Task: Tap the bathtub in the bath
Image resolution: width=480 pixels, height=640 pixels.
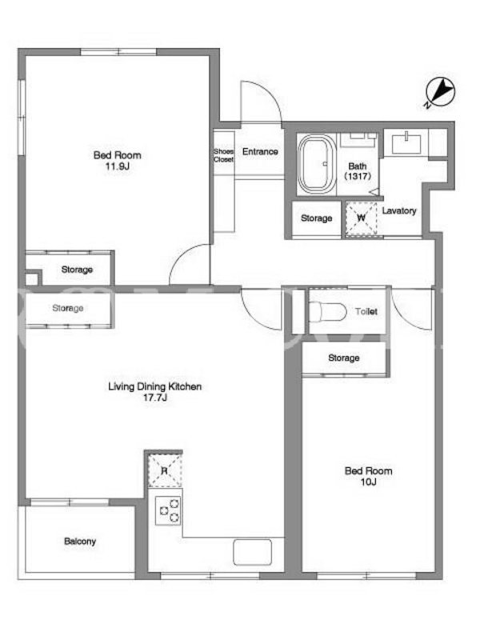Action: click(x=317, y=164)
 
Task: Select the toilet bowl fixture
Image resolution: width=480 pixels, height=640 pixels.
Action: click(x=327, y=312)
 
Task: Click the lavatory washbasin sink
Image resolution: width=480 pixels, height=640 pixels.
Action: click(x=406, y=144)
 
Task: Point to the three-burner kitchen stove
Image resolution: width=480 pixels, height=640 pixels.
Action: click(x=168, y=511)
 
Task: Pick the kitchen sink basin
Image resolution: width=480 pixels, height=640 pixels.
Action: click(x=252, y=552)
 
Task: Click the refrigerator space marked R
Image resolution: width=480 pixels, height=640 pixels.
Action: click(x=165, y=470)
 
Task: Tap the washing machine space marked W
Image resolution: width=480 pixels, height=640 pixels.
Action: click(x=362, y=218)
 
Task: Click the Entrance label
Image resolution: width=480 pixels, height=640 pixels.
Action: click(x=260, y=151)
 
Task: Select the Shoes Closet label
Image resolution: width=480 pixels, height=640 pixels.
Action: click(x=224, y=155)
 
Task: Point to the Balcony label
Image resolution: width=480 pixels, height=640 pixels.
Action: click(x=80, y=542)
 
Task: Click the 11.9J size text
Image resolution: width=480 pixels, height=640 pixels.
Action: click(x=117, y=166)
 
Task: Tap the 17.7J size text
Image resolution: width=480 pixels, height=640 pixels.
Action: click(x=154, y=398)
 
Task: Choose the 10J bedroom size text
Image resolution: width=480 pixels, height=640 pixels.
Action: click(x=368, y=482)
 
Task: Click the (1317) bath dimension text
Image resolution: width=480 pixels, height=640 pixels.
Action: click(x=358, y=176)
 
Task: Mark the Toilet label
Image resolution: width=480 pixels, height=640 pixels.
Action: click(x=366, y=311)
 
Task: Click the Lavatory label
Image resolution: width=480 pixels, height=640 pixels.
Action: click(x=399, y=210)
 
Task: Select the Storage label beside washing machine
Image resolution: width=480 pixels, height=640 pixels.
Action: click(x=316, y=218)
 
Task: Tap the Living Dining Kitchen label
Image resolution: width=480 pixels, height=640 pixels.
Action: click(x=154, y=386)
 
